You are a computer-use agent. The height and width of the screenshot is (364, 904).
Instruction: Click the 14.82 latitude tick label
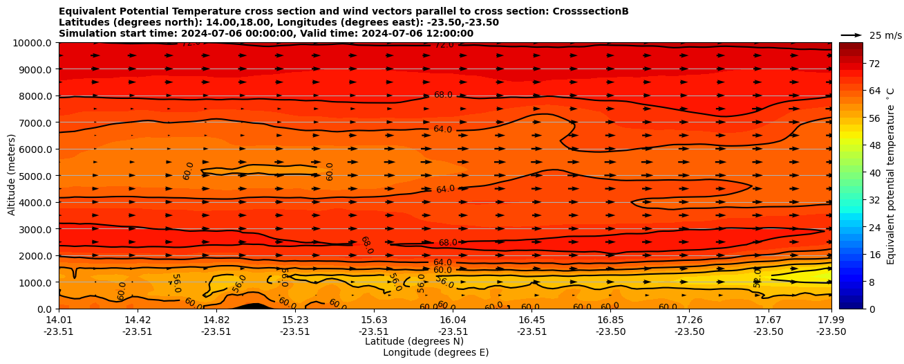tap(216, 320)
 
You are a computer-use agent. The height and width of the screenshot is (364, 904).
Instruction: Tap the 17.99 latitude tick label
tap(831, 320)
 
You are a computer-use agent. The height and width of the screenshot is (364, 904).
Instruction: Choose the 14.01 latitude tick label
tap(59, 320)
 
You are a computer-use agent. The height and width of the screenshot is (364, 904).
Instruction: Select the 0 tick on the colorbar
tap(871, 309)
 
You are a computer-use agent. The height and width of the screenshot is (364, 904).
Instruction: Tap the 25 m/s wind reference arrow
tap(851, 35)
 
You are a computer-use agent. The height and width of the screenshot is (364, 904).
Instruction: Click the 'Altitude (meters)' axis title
tap(12, 176)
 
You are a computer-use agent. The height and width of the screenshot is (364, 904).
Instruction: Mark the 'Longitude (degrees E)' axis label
tap(435, 352)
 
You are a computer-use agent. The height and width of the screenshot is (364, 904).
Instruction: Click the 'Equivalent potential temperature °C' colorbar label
tap(891, 176)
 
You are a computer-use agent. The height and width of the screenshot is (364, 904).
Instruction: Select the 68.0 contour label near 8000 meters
tap(443, 95)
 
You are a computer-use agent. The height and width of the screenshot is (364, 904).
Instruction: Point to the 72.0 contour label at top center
tap(444, 45)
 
